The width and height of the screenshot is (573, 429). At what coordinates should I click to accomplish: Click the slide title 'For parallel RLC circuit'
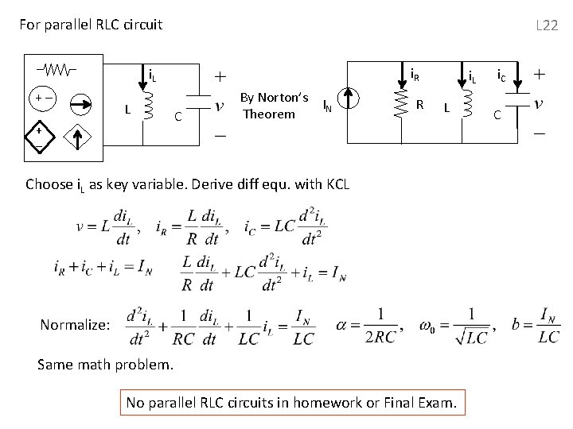coord(91,25)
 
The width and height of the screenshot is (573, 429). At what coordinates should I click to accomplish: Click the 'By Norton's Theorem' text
coord(275,106)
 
